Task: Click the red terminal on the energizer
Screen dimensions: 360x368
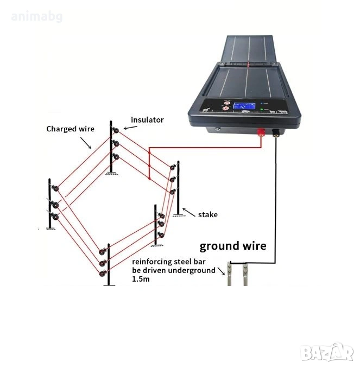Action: click(261, 132)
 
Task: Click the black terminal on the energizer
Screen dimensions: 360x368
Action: click(275, 132)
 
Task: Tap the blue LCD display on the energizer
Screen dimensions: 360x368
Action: click(244, 106)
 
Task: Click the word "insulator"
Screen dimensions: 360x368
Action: click(147, 120)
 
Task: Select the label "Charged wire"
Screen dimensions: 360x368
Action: click(70, 129)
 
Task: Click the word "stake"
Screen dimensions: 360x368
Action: click(208, 215)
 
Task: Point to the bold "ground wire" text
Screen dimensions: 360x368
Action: click(233, 246)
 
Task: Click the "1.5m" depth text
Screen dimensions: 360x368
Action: click(141, 280)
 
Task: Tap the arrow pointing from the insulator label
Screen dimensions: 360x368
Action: click(130, 128)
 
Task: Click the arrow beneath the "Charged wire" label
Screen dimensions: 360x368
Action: click(86, 143)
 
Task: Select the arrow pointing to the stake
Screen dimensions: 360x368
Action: click(189, 212)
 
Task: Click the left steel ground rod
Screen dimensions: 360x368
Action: click(229, 274)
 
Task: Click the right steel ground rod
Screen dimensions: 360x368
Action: click(245, 274)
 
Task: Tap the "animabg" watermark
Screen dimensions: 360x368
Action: click(36, 17)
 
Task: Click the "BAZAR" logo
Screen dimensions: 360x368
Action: click(327, 352)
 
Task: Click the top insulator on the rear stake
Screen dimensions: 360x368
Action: click(116, 130)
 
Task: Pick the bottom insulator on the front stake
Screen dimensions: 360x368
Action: click(103, 274)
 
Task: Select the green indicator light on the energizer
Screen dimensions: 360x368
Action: click(262, 110)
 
